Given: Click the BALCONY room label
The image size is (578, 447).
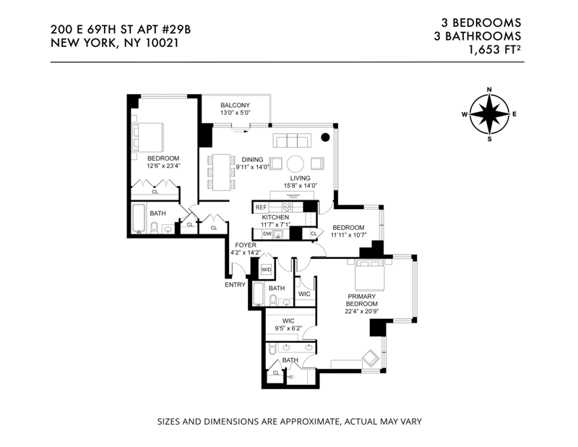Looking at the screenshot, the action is [x=236, y=105].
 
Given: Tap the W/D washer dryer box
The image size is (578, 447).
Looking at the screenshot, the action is [x=266, y=270].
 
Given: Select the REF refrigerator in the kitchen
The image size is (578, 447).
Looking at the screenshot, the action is [x=261, y=207].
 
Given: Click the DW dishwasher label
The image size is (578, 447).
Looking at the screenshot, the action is [x=267, y=234].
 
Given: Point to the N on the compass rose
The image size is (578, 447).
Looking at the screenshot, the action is [x=490, y=90].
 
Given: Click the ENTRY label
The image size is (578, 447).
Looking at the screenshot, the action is [x=236, y=284].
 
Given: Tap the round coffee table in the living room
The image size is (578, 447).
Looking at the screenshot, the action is [x=296, y=163].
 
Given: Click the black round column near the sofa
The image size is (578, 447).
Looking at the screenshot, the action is [x=325, y=137].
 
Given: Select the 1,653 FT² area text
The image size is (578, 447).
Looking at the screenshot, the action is [x=495, y=49].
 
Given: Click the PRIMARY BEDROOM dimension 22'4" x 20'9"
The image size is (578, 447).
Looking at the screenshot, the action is [x=362, y=311].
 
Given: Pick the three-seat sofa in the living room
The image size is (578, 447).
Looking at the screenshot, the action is [x=292, y=141].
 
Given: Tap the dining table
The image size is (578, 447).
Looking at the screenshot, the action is [x=221, y=172].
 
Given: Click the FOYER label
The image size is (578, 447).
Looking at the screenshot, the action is [x=246, y=245].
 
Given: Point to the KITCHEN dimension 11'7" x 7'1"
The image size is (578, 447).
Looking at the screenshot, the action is [x=275, y=224].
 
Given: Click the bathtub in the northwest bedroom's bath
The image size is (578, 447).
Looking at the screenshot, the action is [x=139, y=218].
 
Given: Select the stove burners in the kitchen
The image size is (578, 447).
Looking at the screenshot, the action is [x=287, y=207].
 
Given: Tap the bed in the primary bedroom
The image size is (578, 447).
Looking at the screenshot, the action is [x=370, y=275].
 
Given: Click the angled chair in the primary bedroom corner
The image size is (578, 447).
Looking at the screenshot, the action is [x=370, y=358].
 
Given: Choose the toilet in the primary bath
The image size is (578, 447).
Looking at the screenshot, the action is [x=272, y=349].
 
